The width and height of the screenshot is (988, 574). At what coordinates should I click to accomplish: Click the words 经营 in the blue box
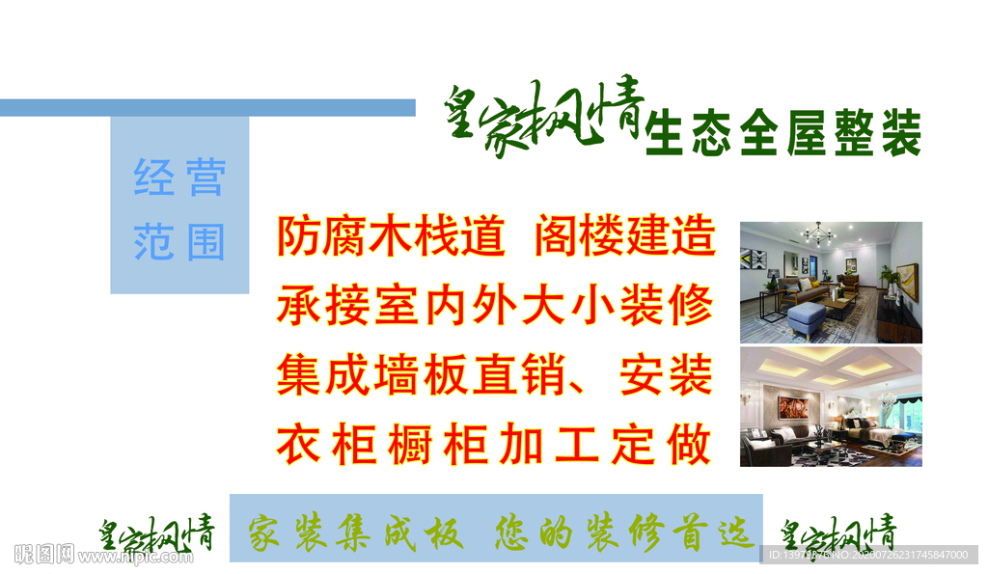click(x=179, y=178)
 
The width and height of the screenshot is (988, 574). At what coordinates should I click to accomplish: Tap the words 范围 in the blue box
click(x=179, y=242)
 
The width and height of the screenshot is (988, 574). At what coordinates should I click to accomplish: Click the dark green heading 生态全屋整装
click(x=784, y=134)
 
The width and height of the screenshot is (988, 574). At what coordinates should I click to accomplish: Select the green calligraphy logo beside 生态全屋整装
click(x=544, y=120)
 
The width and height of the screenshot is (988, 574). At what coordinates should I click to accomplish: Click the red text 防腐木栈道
click(x=391, y=235)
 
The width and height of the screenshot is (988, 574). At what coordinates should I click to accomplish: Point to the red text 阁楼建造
click(x=625, y=235)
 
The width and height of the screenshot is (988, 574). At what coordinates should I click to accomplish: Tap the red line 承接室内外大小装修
click(x=495, y=305)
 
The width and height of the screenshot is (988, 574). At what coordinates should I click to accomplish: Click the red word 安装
click(x=667, y=375)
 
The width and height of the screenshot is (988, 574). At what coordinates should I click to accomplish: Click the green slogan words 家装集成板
click(x=356, y=532)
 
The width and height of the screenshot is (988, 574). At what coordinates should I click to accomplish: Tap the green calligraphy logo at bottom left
click(x=156, y=533)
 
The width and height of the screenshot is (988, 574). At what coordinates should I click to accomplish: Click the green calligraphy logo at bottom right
click(x=837, y=533)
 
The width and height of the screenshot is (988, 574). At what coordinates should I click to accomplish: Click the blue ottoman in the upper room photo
click(x=805, y=314)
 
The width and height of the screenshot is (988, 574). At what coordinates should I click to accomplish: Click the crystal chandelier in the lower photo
click(x=885, y=396)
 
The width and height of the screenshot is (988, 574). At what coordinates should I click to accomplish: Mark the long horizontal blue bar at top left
click(x=207, y=107)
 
